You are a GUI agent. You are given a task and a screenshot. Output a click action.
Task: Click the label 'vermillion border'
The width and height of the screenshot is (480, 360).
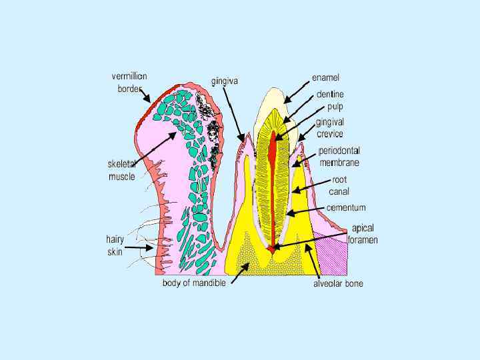click(129, 82)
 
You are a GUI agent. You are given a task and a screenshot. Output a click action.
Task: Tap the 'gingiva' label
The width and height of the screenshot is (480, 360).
click(225, 81)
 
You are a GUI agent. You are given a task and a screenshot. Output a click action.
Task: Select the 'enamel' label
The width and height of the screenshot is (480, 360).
click(327, 78)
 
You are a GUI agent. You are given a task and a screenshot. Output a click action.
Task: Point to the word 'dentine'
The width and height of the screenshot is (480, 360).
click(330, 94)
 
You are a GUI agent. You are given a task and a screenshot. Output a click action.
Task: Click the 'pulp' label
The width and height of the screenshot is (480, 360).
click(335, 106)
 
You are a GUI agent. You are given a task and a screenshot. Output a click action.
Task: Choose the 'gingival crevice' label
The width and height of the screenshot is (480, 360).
click(330, 128)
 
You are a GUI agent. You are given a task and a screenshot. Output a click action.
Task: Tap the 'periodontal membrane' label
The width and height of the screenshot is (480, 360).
click(339, 156)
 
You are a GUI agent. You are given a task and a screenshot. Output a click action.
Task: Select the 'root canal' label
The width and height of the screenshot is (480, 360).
click(339, 185)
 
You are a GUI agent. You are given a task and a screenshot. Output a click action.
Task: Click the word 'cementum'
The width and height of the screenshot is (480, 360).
click(346, 207)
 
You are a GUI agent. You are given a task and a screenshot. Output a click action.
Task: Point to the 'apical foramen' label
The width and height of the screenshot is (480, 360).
click(363, 234)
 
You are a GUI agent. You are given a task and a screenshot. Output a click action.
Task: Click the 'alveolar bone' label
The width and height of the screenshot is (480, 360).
click(339, 283)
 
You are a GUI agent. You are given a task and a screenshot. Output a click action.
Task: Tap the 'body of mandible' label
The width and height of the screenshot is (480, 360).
click(194, 282)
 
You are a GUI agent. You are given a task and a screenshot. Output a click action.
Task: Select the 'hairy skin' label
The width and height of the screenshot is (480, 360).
click(115, 245)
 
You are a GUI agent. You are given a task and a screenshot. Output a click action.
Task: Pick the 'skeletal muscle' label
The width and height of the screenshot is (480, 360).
click(122, 170)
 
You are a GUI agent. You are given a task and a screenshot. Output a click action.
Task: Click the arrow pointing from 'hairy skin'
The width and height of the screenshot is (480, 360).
click(140, 247)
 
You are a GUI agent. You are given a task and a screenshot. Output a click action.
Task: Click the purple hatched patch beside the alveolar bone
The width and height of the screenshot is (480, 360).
click(332, 256)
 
